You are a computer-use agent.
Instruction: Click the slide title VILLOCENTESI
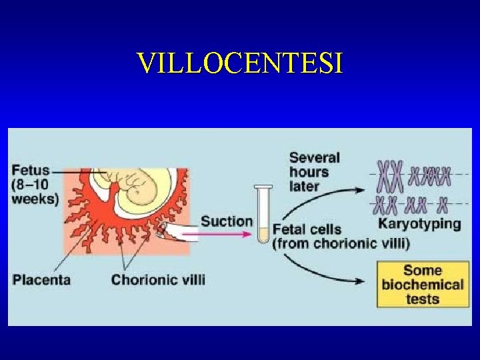(x=240, y=63)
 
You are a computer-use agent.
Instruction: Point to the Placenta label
(x=42, y=279)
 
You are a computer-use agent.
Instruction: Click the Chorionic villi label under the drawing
(x=158, y=279)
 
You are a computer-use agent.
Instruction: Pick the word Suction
(x=227, y=221)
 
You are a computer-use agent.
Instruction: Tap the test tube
(x=263, y=213)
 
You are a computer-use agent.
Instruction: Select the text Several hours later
(x=315, y=171)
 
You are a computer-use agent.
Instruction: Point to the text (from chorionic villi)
(x=341, y=243)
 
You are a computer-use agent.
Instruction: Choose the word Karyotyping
(x=419, y=223)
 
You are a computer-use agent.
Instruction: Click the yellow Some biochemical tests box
(x=422, y=285)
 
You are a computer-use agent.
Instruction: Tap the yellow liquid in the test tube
(x=263, y=235)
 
